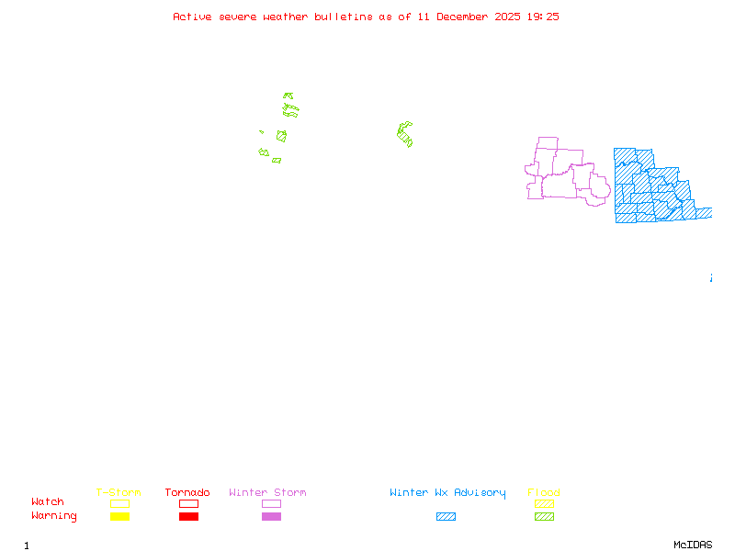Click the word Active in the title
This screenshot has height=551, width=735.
pyautogui.click(x=189, y=17)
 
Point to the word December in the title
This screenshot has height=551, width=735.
pyautogui.click(x=464, y=17)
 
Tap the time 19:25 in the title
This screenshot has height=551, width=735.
pyautogui.click(x=542, y=17)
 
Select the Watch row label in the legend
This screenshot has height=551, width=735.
pyautogui.click(x=48, y=502)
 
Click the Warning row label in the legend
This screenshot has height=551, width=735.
pyautogui.click(x=54, y=516)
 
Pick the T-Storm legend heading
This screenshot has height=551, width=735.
pyautogui.click(x=119, y=493)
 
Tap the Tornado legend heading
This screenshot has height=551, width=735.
pyautogui.click(x=187, y=493)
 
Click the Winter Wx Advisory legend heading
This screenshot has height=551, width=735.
pyautogui.click(x=447, y=493)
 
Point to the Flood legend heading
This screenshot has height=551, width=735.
pyautogui.click(x=544, y=493)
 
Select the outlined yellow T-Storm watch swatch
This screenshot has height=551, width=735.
pyautogui.click(x=119, y=503)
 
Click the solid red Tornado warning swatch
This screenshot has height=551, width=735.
pyautogui.click(x=188, y=516)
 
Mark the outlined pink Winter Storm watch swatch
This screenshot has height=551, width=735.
pyautogui.click(x=271, y=503)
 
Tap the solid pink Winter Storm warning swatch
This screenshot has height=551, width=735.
pyautogui.click(x=271, y=516)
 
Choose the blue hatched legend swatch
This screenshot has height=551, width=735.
pyautogui.click(x=446, y=516)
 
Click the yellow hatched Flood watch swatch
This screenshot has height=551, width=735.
pyautogui.click(x=544, y=503)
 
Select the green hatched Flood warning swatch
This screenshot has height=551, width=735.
pyautogui.click(x=544, y=516)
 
